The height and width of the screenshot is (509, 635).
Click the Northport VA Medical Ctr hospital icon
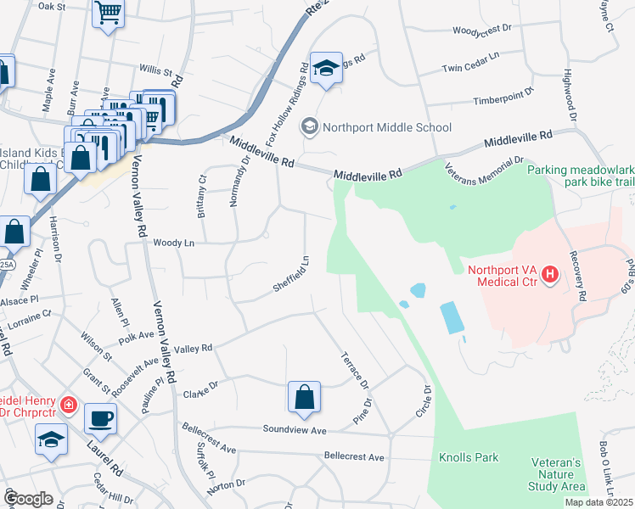550,275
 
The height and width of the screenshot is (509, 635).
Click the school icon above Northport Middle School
324,68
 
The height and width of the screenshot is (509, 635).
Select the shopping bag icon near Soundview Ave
304,397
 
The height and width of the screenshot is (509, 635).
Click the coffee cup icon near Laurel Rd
100,417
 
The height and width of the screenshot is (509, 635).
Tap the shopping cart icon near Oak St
108,14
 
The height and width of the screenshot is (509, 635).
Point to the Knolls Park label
468,458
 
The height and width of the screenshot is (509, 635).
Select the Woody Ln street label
173,243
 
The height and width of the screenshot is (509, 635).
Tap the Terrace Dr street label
357,371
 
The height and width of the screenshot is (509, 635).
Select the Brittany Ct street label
202,197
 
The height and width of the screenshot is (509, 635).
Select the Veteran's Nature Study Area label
556,474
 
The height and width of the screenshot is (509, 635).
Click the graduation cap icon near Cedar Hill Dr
51,439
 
